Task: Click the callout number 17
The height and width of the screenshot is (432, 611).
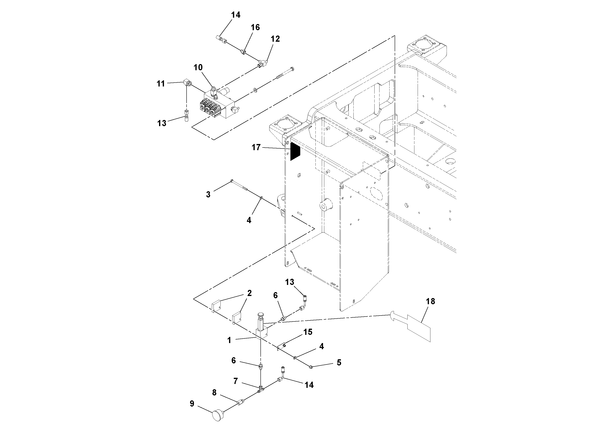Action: click(256, 147)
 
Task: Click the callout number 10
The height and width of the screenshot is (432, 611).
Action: click(198, 67)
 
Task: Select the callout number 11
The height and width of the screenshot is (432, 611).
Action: click(160, 84)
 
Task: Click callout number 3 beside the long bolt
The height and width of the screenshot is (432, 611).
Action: click(208, 194)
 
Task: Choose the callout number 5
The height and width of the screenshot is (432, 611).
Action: click(339, 363)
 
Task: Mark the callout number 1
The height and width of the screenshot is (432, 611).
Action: click(229, 340)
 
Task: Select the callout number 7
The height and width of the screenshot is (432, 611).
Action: click(235, 381)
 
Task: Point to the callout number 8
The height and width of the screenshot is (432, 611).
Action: click(214, 392)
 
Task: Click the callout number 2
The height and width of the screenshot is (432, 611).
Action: click(249, 293)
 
